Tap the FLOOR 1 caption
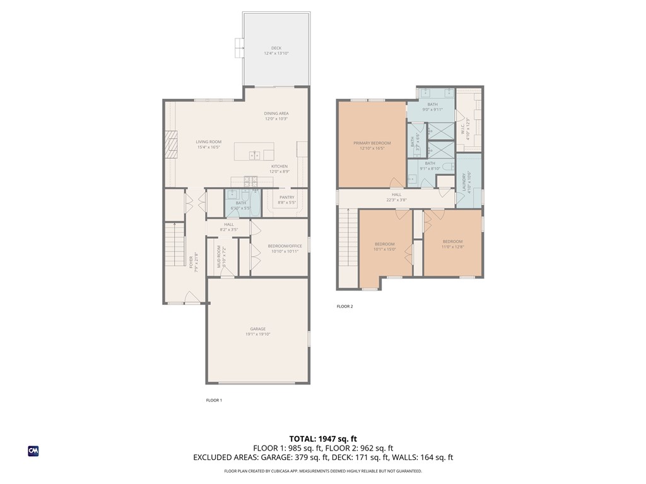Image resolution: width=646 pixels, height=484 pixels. point(214,400)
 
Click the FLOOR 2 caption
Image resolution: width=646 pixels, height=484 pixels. point(344,306)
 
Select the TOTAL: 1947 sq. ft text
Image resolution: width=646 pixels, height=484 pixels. point(323,439)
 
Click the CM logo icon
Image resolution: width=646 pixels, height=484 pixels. point(33,451)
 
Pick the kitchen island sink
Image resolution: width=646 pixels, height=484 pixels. point(255,154)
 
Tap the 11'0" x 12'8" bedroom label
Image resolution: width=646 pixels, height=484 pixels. point(452,244)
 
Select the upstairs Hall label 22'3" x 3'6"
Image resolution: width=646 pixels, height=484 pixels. point(396,197)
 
